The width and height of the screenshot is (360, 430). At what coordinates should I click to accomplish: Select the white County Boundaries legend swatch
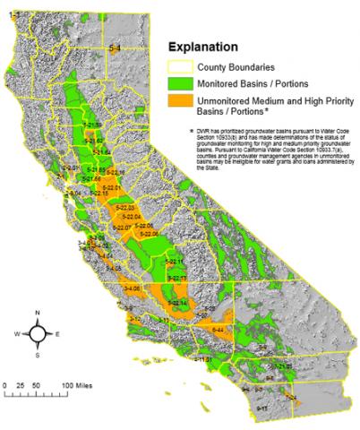click(186, 64)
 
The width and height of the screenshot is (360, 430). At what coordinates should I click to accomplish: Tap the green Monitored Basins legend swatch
click(186, 82)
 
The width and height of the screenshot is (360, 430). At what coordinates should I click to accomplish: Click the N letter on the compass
click(38, 313)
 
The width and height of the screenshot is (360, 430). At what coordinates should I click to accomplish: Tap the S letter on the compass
click(38, 355)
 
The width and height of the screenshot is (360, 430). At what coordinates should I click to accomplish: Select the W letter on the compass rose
click(16, 333)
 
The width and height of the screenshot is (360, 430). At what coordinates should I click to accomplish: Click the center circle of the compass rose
click(38, 333)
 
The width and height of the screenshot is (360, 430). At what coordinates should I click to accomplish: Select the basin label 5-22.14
click(178, 303)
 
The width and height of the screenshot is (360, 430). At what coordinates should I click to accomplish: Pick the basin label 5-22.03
click(125, 207)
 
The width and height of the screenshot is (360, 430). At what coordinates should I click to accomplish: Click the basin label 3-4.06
click(133, 288)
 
